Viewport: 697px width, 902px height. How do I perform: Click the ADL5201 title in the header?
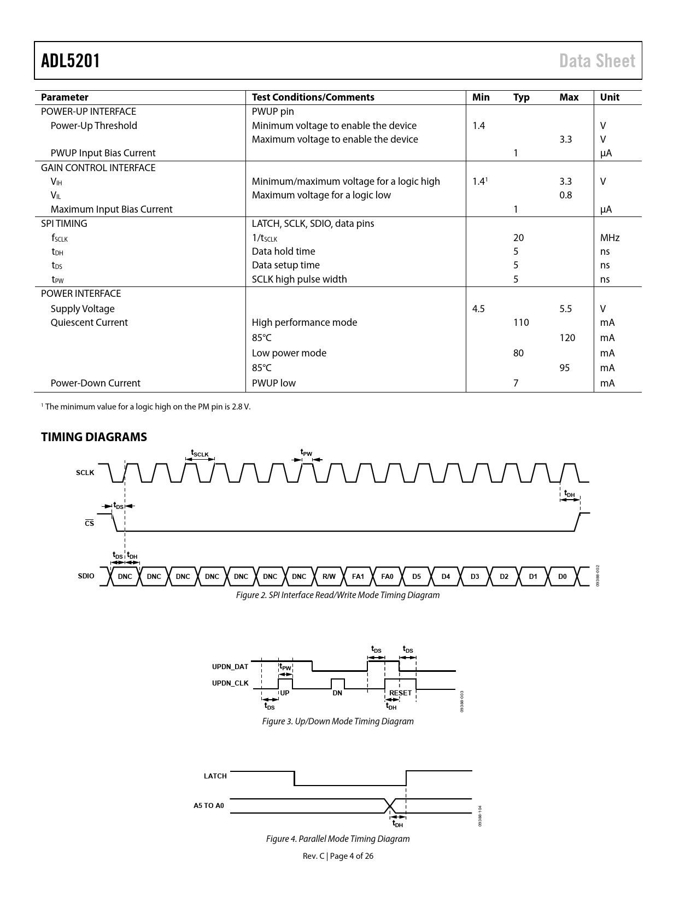point(71,61)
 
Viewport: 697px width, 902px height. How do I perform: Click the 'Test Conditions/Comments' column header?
point(313,97)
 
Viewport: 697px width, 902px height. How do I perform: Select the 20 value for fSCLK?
point(518,238)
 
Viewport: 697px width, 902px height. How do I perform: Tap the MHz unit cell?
point(610,238)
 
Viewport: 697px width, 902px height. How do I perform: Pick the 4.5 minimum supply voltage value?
point(478,309)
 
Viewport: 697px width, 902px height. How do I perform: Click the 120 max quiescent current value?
point(567,338)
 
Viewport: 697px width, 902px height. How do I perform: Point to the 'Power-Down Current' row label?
point(95,383)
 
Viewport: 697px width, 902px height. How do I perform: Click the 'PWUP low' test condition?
point(273,383)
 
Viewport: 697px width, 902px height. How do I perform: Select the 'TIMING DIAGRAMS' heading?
point(94,437)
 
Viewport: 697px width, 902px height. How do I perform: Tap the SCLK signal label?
point(85,472)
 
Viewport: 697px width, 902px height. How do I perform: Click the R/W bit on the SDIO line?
point(329,577)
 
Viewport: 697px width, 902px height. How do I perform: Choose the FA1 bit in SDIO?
point(358,577)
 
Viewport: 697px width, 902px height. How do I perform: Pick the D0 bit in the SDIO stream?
point(562,577)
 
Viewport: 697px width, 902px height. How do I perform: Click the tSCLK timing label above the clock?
point(200,453)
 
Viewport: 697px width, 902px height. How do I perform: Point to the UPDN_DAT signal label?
point(230,667)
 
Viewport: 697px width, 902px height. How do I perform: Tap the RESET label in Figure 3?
point(400,693)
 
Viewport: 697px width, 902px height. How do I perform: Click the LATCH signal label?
point(215,776)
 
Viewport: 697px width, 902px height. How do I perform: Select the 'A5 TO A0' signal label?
point(209,806)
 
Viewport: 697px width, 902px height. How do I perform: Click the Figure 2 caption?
point(337,595)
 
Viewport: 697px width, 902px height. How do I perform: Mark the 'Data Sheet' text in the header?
point(597,61)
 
